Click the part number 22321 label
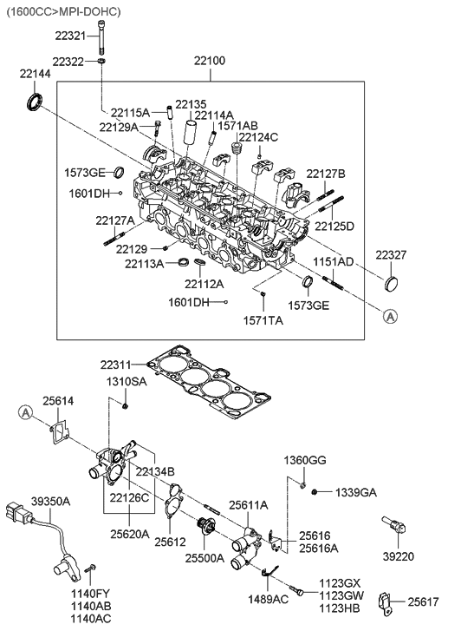click(x=70, y=36)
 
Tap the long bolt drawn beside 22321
click(x=101, y=36)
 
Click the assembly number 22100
click(x=210, y=61)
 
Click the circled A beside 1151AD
click(x=390, y=317)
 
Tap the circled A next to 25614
click(x=25, y=412)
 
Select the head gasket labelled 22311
click(x=208, y=381)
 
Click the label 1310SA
click(x=127, y=382)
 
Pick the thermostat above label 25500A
click(x=205, y=526)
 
